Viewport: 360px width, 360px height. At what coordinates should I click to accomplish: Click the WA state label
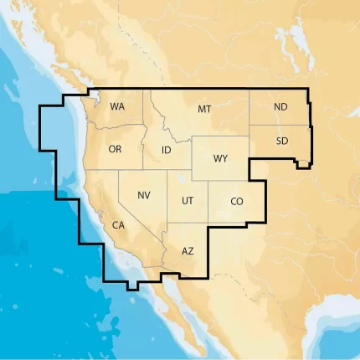coord(117,107)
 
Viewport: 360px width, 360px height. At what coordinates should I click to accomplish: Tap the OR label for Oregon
coord(116,149)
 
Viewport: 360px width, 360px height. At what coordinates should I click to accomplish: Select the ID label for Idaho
coord(166,150)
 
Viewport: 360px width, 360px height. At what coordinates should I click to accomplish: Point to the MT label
coord(204,110)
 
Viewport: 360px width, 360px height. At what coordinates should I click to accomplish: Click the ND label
coord(280,107)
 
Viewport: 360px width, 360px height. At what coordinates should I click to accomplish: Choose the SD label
coord(281,141)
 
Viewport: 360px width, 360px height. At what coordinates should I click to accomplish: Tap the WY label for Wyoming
coord(220,158)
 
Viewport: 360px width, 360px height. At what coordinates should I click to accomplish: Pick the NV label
coord(144,195)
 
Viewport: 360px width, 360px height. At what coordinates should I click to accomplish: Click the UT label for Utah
coord(188,201)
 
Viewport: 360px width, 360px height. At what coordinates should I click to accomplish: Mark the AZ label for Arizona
coord(188,250)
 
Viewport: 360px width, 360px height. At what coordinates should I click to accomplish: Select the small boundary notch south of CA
coord(132,286)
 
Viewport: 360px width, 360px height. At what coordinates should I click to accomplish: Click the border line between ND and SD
coord(280,126)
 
